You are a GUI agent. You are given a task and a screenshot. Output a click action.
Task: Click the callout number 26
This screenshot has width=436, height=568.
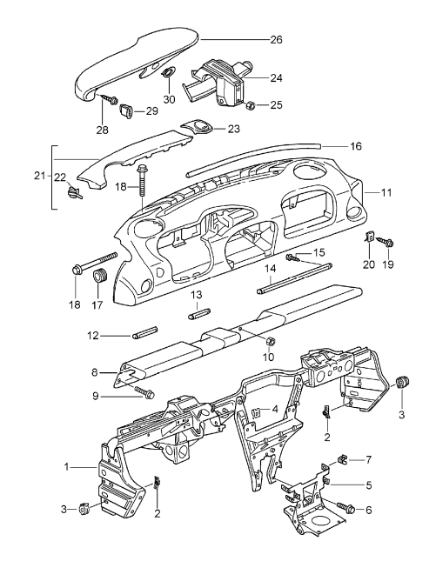(277, 39)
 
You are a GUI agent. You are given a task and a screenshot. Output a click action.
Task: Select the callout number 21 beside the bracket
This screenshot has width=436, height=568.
(39, 176)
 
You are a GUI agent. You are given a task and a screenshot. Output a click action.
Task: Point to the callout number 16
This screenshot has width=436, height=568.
(356, 147)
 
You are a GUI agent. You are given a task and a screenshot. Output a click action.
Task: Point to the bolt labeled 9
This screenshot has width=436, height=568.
(141, 397)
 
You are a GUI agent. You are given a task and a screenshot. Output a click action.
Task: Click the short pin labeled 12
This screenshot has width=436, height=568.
(144, 334)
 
